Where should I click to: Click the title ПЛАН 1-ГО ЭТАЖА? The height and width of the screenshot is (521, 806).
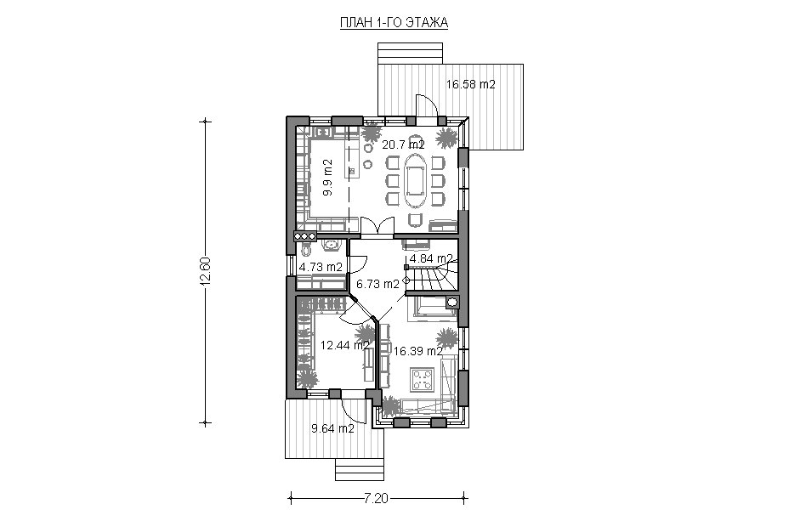pyautogui.click(x=394, y=23)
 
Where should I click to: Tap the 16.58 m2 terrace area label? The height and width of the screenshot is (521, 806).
pyautogui.click(x=470, y=84)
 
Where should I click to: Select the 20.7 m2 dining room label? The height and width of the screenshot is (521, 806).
pyautogui.click(x=403, y=144)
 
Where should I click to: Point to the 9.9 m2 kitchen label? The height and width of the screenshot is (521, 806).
pyautogui.click(x=327, y=178)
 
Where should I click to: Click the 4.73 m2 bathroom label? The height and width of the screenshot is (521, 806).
pyautogui.click(x=321, y=267)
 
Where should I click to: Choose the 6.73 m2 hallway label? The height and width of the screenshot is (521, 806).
pyautogui.click(x=377, y=284)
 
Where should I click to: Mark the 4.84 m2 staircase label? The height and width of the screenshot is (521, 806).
pyautogui.click(x=431, y=258)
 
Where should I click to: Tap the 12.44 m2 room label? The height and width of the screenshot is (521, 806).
pyautogui.click(x=345, y=345)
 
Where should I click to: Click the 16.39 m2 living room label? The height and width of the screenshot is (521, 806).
pyautogui.click(x=418, y=351)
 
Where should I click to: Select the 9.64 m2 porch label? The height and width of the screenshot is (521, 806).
pyautogui.click(x=332, y=428)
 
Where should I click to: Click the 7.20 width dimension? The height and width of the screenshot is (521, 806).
pyautogui.click(x=377, y=498)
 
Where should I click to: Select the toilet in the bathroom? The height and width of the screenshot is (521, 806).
pyautogui.click(x=306, y=250)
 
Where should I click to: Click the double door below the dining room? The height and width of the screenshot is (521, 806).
pyautogui.click(x=377, y=228)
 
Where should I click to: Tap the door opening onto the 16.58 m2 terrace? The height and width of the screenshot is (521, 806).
pyautogui.click(x=427, y=106)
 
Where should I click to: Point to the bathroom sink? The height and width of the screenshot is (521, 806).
pyautogui.click(x=331, y=245)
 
